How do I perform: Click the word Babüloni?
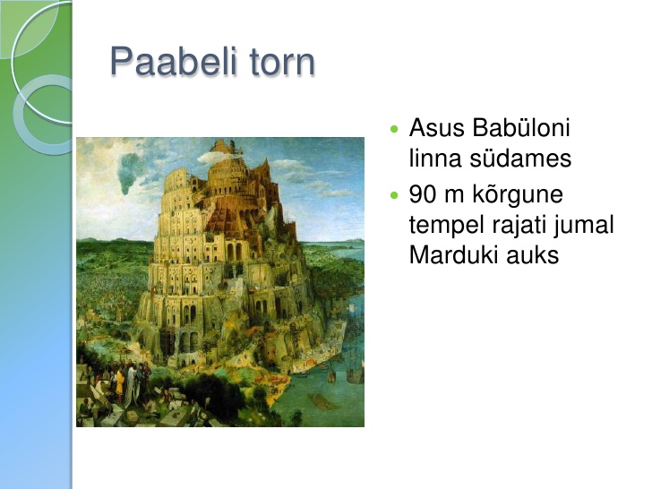(521, 127)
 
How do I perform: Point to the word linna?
(435, 158)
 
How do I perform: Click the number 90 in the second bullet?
(422, 194)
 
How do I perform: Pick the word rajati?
(519, 227)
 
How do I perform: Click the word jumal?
(584, 227)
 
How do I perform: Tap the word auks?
(533, 255)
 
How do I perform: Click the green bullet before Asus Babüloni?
(394, 128)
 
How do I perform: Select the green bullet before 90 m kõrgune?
(394, 195)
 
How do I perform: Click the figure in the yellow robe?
(120, 383)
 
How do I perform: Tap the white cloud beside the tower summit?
(215, 158)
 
